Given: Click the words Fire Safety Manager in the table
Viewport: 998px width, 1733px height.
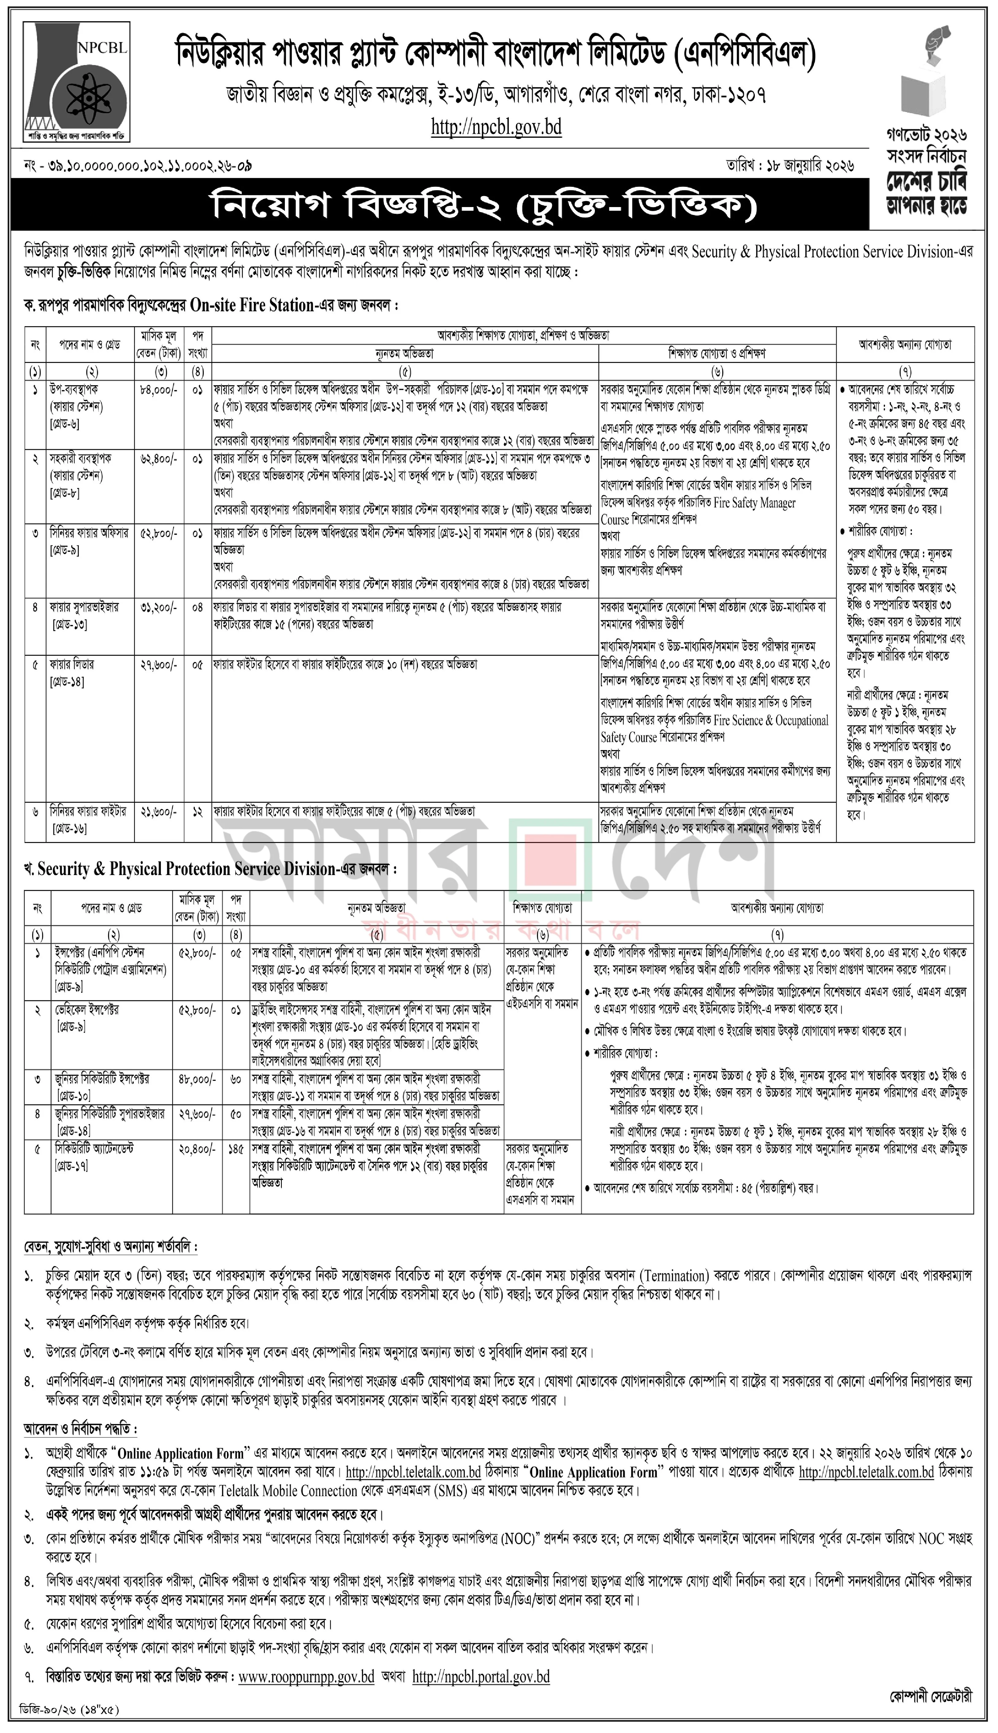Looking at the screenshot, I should point(754,503).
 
